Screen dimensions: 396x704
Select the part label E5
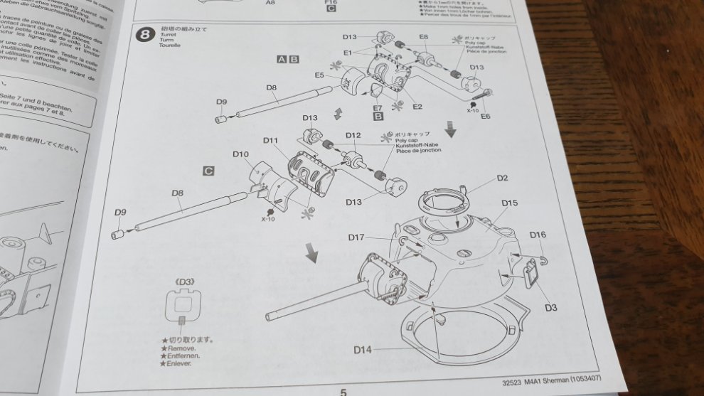319,75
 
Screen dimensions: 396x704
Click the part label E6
486,116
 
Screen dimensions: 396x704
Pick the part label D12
353,135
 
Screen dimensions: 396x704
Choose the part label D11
270,140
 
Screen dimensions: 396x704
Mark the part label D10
240,154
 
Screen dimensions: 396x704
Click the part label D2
502,178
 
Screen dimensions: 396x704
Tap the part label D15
509,203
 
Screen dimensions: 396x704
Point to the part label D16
538,235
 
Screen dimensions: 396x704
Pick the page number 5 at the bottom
343,391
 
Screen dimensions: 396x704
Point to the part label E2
417,107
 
